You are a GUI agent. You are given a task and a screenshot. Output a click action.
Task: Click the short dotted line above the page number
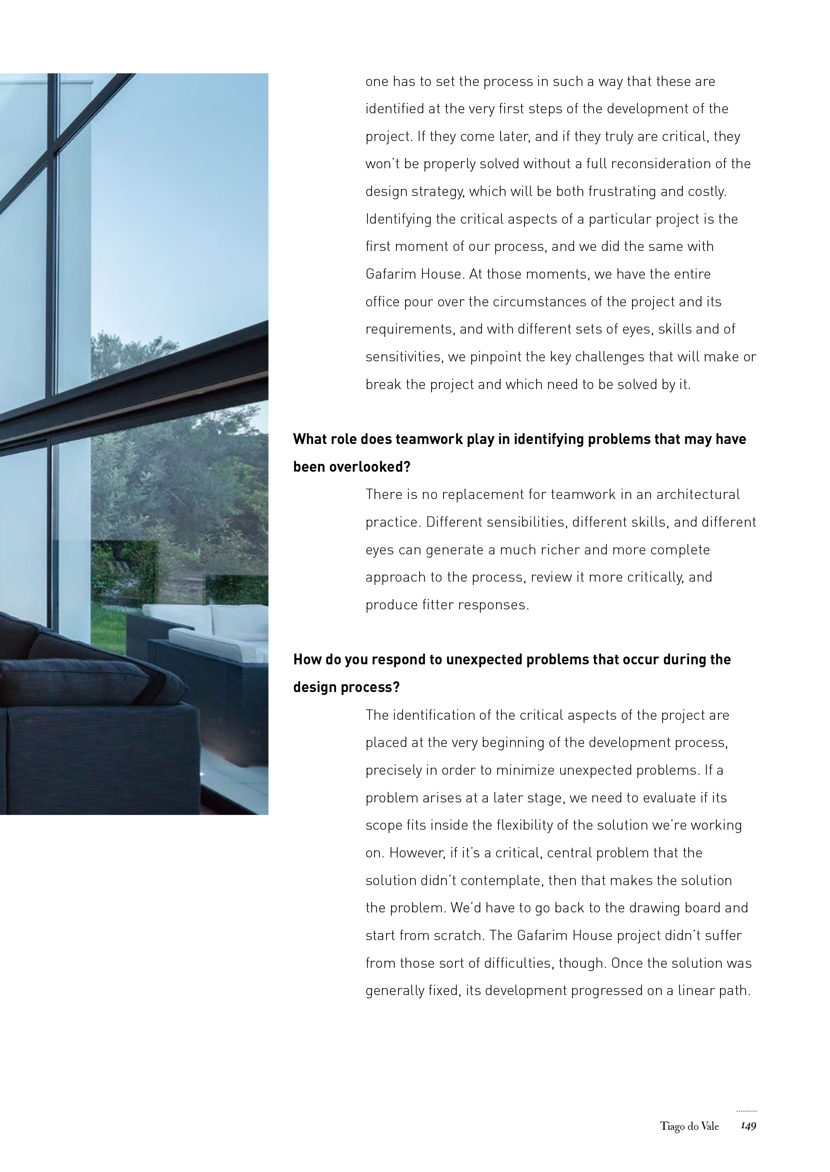pyautogui.click(x=746, y=1111)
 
